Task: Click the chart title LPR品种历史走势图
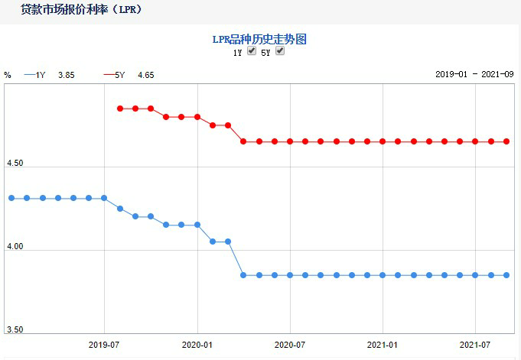259,39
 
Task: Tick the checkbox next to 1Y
252,51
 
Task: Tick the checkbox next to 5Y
280,51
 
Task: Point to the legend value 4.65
146,75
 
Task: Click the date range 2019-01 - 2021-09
474,75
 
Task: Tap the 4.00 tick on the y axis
15,248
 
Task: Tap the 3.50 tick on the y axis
15,330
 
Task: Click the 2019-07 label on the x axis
104,345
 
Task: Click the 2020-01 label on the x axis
197,345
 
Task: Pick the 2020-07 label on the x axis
290,345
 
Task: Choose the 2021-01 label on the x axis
383,345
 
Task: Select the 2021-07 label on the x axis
475,345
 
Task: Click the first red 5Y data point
120,109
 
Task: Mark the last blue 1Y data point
506,275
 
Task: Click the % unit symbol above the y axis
8,75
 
